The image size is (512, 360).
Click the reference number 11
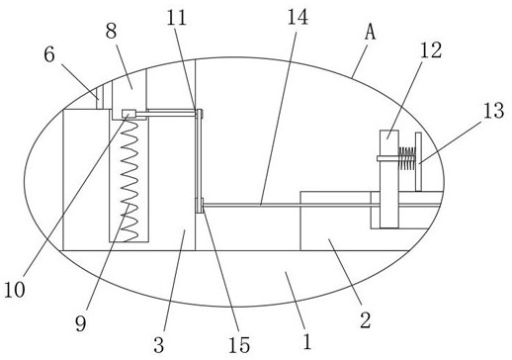point(177,18)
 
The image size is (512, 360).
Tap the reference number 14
point(298,17)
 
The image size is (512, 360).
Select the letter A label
point(371,33)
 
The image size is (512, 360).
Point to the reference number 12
point(431,50)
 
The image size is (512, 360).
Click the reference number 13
point(493,110)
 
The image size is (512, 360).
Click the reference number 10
point(15,290)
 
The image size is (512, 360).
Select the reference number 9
point(81,323)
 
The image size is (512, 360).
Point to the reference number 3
point(158,345)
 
